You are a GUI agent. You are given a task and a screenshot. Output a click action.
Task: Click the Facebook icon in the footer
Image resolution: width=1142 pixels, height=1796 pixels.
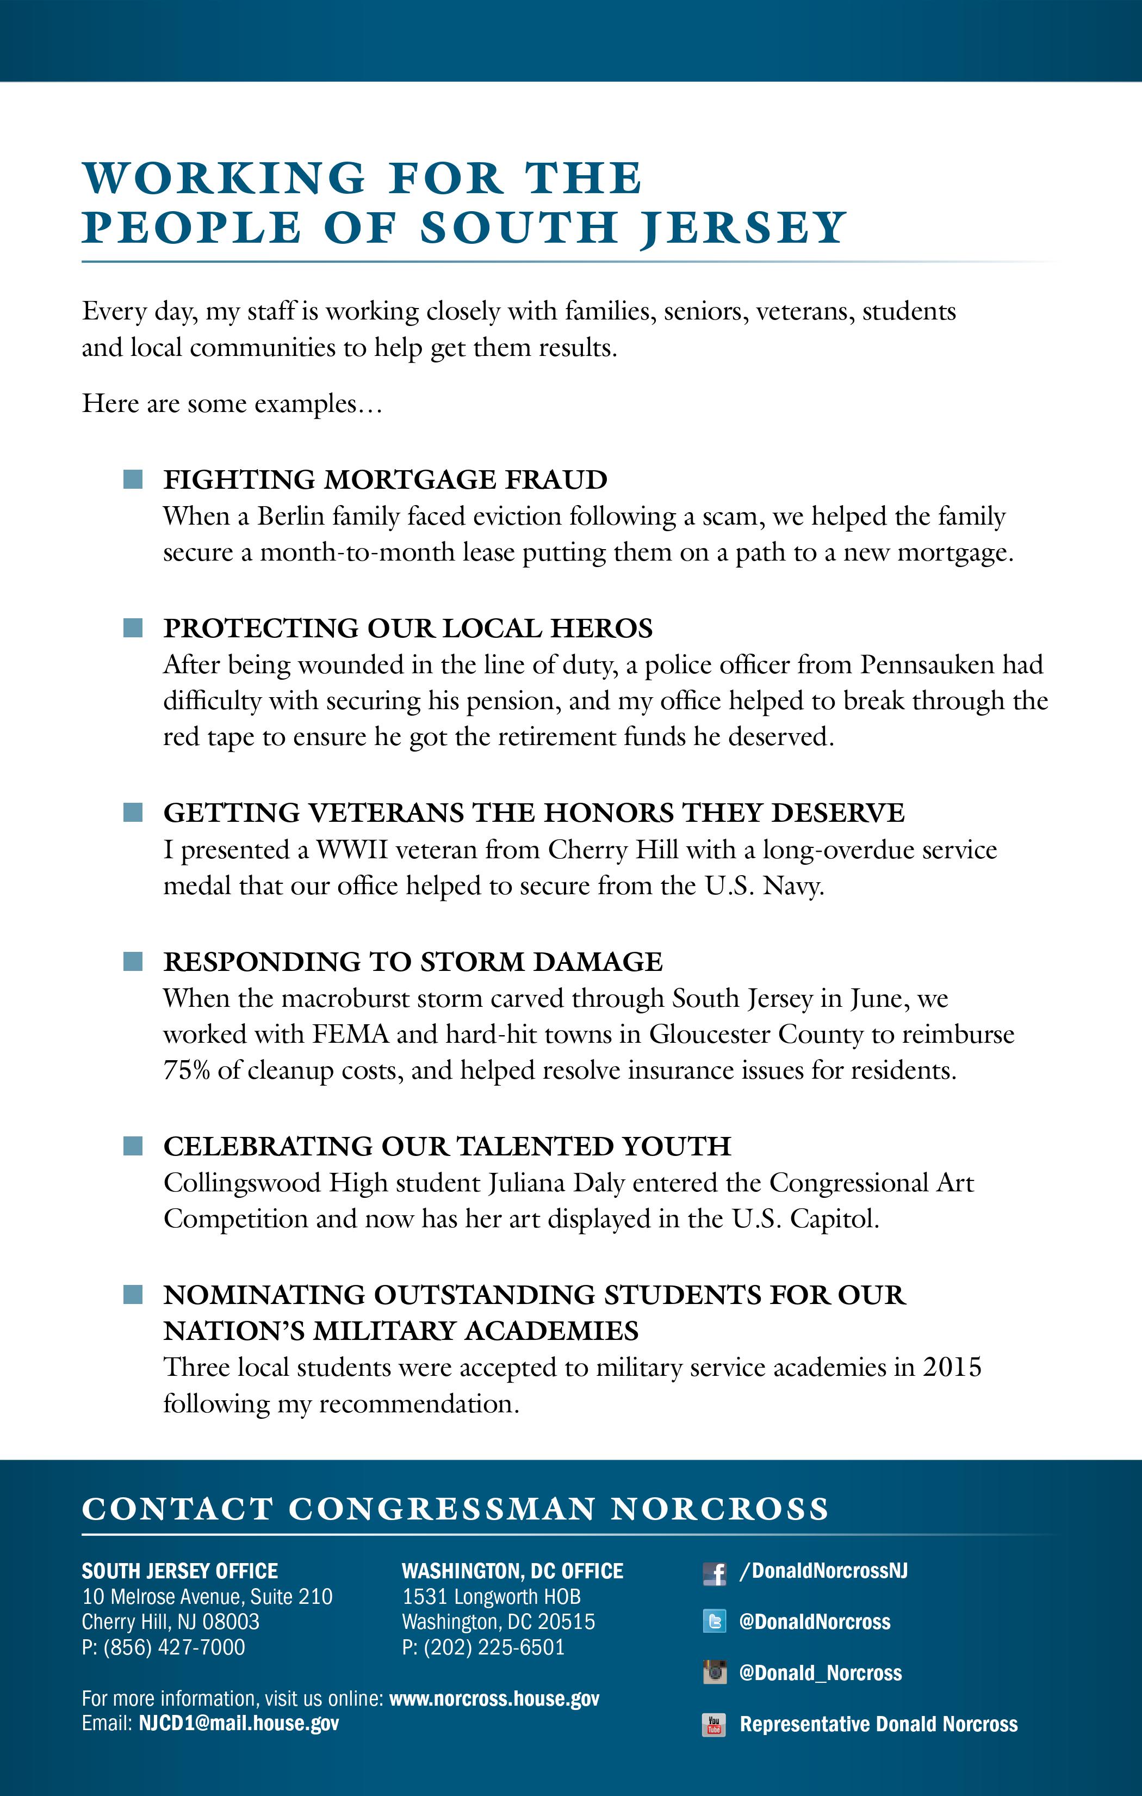click(x=714, y=1573)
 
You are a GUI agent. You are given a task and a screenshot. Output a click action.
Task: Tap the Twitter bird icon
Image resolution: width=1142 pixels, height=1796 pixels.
click(x=714, y=1621)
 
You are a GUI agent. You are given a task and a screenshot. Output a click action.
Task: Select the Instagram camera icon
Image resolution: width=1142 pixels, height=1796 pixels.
click(x=714, y=1672)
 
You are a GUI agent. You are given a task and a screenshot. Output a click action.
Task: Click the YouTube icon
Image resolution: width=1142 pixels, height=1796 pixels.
click(x=714, y=1724)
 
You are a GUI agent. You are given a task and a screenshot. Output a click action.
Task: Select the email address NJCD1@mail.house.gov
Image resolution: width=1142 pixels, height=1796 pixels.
click(x=239, y=1723)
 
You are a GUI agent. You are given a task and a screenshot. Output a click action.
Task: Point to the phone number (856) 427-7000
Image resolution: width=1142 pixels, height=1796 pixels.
click(x=175, y=1647)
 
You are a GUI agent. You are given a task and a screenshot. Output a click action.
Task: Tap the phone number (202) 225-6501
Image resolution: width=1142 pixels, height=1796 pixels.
click(x=494, y=1647)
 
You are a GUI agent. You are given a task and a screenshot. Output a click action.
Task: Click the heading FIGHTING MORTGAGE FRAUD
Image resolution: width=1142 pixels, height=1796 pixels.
click(x=386, y=479)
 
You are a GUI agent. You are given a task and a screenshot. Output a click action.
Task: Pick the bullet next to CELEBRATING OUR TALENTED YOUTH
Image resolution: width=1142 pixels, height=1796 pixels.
click(x=133, y=1146)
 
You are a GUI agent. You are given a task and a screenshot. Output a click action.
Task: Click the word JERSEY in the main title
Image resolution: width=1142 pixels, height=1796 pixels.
click(x=742, y=227)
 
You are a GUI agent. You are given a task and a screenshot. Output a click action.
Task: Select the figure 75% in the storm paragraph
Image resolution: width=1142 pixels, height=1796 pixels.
click(x=187, y=1071)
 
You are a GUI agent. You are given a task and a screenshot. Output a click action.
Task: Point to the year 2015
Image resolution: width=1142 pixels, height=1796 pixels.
click(x=952, y=1367)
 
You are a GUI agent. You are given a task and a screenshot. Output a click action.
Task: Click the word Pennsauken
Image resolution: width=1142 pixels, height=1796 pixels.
click(x=927, y=665)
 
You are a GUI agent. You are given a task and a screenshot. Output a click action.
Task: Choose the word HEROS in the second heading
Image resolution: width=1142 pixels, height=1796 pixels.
click(x=601, y=628)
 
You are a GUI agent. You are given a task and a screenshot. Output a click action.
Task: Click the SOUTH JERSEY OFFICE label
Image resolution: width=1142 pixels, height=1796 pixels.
click(x=179, y=1571)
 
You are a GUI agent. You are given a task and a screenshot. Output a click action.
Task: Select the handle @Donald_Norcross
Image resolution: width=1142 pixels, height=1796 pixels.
click(x=820, y=1673)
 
